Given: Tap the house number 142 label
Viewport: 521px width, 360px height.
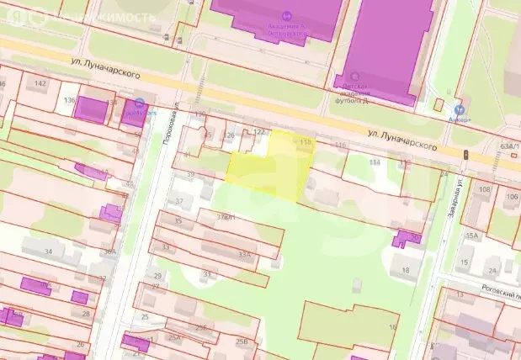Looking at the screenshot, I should pos(40,83).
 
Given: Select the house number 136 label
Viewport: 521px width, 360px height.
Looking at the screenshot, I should pos(70,101).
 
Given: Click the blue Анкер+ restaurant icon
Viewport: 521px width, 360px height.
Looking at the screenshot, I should pos(459,109).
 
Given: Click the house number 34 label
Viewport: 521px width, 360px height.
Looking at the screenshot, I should pos(49,251).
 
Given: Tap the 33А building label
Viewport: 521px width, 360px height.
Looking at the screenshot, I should pos(245,253).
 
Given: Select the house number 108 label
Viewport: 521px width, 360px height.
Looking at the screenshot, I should pos(484,189).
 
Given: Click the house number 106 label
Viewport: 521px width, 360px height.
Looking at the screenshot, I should pos(512,196).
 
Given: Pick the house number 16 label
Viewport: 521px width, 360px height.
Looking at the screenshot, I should pos(392,326).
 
